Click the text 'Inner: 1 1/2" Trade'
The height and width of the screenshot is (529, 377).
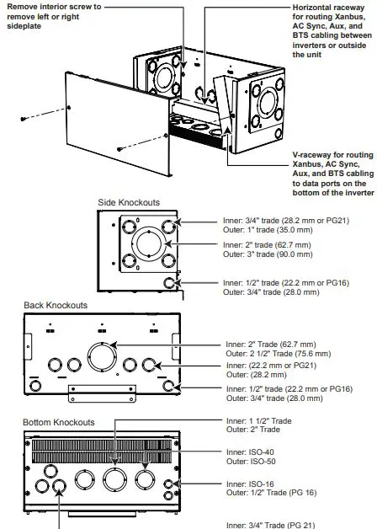[x=258, y=420]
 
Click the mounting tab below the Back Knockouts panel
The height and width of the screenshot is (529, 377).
[x=94, y=392]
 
